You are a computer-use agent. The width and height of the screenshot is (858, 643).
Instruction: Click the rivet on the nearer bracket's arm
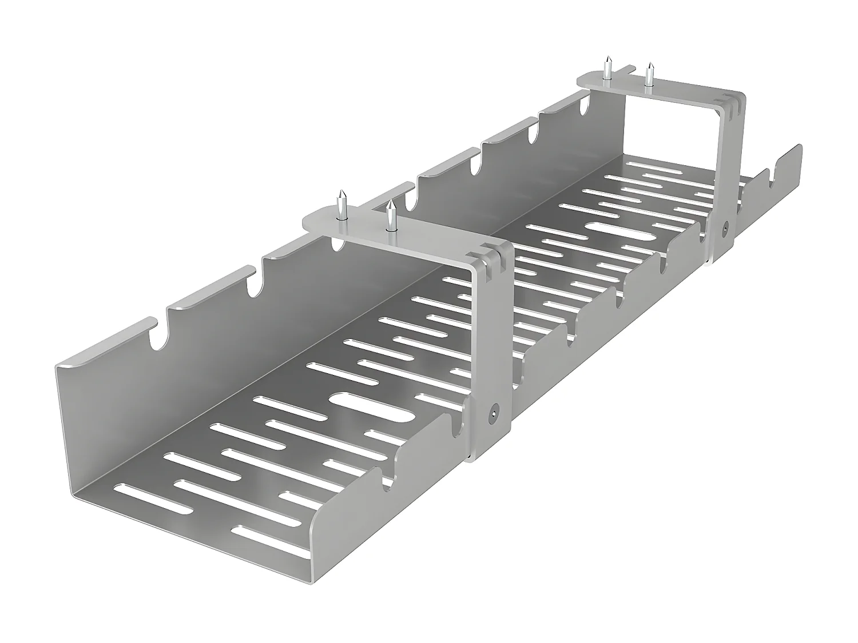493,410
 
